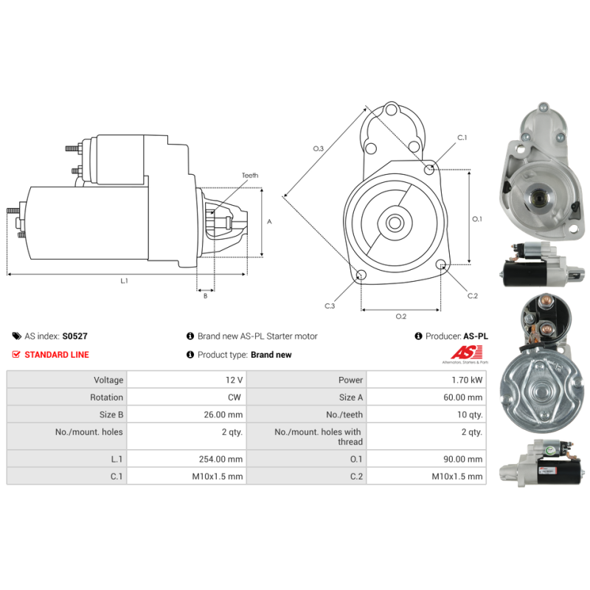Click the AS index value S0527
point(75,336)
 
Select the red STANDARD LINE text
point(57,355)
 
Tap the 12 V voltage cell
point(234,380)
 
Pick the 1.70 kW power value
point(467,380)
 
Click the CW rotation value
point(235,398)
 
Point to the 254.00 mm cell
point(221,459)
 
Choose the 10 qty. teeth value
point(470,414)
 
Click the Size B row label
point(111,414)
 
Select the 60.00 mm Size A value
point(463,398)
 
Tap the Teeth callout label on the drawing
point(250,176)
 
